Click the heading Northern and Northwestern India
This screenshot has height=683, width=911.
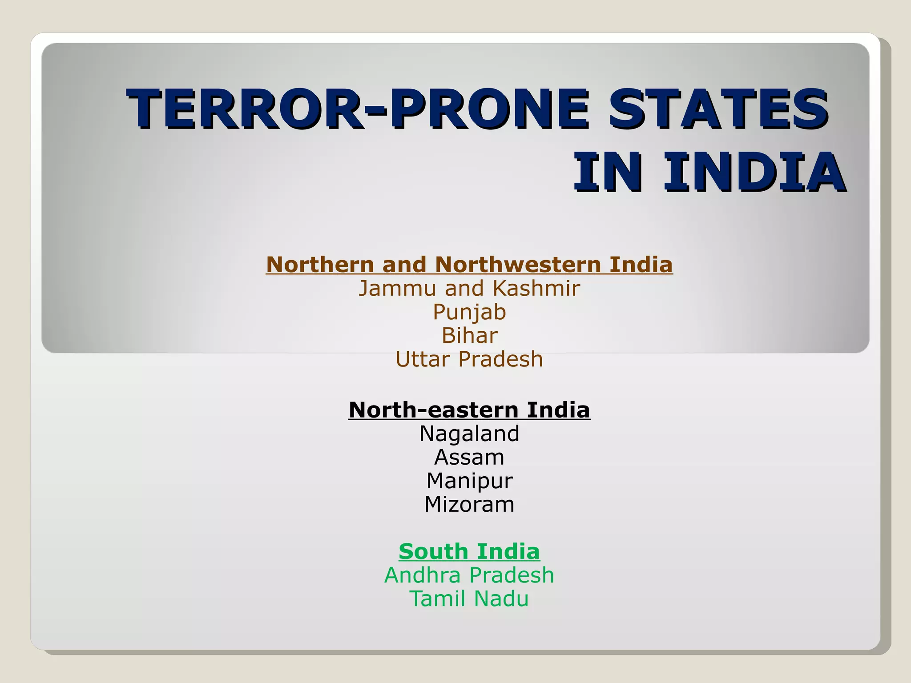[x=469, y=265]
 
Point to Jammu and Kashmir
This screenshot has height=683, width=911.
[x=469, y=288]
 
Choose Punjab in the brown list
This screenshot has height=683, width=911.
[x=469, y=312]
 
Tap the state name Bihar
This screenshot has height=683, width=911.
[x=469, y=335]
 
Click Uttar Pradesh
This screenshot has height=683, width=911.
[x=469, y=359]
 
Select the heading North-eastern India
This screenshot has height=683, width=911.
[x=469, y=410]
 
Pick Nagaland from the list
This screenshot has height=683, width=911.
[x=469, y=434]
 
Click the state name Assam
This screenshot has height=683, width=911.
[x=469, y=457]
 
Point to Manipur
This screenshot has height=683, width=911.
[x=469, y=481]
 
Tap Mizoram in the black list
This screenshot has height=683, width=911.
[x=469, y=504]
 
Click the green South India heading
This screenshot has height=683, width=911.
[x=469, y=551]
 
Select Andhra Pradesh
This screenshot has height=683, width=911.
[x=469, y=575]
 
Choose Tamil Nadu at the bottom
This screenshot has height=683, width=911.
[x=469, y=599]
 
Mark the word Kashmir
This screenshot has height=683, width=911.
[x=536, y=288]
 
